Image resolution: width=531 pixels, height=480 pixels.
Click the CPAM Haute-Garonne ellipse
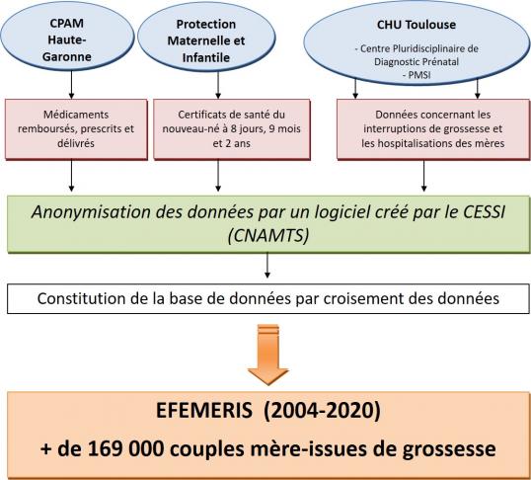point(67,38)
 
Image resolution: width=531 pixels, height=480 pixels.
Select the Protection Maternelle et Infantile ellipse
point(206,38)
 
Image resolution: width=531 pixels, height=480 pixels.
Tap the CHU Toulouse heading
point(417,25)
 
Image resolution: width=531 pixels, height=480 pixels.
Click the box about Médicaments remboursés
point(76,129)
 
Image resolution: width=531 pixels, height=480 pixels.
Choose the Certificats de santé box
point(232,129)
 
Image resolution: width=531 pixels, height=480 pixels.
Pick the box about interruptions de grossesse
point(432,129)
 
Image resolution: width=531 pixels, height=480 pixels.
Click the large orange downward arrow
point(267,355)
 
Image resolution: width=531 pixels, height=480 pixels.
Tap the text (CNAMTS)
point(268,235)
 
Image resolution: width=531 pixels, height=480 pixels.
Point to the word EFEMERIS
point(204,411)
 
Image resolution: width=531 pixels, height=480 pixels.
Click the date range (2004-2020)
point(322,411)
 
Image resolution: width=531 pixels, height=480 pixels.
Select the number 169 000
point(126,448)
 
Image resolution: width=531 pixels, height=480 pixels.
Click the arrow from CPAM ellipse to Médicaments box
point(71,85)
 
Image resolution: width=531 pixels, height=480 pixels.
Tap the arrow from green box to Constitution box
point(267,266)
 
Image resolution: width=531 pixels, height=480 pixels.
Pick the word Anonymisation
point(91,212)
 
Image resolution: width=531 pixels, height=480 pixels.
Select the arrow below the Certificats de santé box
point(218,175)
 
